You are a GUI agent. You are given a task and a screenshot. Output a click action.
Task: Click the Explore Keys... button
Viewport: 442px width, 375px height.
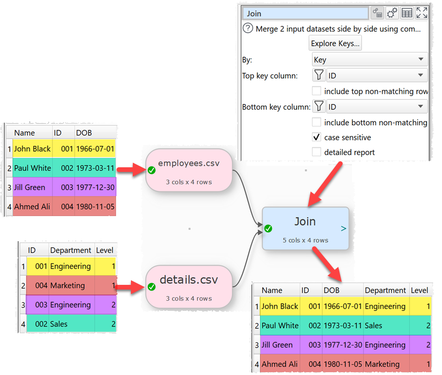335,44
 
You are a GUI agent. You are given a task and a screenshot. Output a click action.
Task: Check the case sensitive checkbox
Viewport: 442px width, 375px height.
317,138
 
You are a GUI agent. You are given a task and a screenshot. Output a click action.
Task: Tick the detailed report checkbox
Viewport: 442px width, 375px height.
317,152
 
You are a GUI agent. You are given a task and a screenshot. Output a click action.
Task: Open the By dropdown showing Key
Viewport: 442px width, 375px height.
370,59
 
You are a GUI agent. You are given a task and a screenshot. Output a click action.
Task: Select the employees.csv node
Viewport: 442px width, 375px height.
188,170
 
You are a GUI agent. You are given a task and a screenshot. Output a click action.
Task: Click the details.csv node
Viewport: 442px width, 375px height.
188,286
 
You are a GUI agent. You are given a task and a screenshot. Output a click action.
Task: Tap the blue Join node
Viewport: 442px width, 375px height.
305,228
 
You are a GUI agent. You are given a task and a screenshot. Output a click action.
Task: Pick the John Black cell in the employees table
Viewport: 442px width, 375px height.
32,149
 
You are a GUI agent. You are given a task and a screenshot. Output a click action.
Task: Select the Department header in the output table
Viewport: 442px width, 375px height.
385,290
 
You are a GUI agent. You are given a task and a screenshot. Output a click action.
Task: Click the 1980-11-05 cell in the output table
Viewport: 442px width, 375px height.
343,364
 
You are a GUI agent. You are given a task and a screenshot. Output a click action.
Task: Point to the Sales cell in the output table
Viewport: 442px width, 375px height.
374,326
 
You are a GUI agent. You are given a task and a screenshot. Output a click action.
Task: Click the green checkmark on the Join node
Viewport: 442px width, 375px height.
268,229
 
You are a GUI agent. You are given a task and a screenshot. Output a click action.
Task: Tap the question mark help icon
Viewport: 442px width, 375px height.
248,29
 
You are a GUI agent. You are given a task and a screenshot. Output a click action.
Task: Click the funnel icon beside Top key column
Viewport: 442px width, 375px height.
319,75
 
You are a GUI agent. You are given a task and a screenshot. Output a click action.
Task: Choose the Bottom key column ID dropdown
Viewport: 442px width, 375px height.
377,107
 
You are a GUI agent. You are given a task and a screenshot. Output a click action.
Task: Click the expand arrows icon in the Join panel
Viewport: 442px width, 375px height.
422,13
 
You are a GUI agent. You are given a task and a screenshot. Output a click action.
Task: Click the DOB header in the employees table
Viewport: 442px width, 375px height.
84,133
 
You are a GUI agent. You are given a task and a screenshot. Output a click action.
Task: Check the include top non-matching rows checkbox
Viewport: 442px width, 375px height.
317,91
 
